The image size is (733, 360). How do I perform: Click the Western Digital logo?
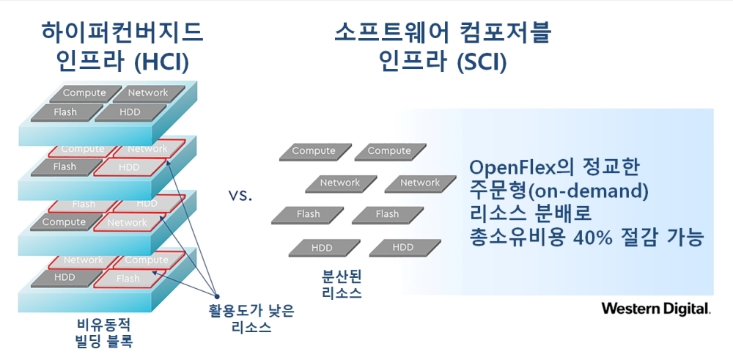[x=656, y=309]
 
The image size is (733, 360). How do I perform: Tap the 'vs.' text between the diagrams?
[x=240, y=196]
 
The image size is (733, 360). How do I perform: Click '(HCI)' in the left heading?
[x=161, y=62]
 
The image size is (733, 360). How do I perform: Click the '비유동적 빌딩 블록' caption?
[x=104, y=333]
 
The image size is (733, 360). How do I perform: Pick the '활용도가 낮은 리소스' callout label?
[x=251, y=319]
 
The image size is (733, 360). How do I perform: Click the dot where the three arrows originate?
[x=216, y=296]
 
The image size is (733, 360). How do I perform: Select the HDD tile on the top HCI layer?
[x=130, y=113]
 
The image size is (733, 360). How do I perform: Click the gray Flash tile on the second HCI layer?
[x=66, y=167]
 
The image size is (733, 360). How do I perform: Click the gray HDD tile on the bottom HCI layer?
[x=65, y=278]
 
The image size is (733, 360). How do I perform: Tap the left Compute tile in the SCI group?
[x=314, y=152]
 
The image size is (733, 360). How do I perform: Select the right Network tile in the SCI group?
[x=420, y=183]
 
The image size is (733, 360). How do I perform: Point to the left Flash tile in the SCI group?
[x=308, y=215]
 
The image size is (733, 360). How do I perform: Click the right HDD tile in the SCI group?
[x=405, y=248]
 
